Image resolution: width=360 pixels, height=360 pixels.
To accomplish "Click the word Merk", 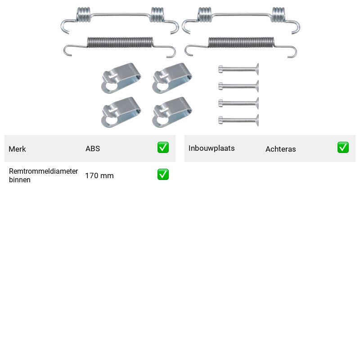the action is (x=17, y=149).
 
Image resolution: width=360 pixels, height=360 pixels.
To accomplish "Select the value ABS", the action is (x=93, y=148).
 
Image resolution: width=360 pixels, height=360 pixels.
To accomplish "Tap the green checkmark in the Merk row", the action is (x=163, y=148).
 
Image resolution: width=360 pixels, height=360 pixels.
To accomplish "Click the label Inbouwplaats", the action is (x=211, y=148).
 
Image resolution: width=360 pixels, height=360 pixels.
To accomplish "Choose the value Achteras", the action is (x=280, y=149).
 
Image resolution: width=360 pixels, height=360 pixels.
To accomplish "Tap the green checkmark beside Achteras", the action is (x=343, y=148).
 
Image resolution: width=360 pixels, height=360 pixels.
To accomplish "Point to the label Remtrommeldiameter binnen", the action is (x=43, y=175).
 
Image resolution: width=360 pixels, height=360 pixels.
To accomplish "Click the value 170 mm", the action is (x=99, y=175).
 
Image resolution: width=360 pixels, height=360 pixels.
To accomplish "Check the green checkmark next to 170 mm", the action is (x=163, y=175).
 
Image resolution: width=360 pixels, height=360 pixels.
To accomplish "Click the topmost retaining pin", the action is (x=238, y=69).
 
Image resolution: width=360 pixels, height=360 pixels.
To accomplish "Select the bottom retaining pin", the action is (x=238, y=120).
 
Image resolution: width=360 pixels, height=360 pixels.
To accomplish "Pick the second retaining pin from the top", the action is (x=238, y=86).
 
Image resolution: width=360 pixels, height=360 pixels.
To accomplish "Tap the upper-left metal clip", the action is (x=121, y=78).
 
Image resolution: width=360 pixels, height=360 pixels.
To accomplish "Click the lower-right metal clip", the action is (x=172, y=112).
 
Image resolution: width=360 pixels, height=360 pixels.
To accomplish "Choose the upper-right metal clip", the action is (x=172, y=78).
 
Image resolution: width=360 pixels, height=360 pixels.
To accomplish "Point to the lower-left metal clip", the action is (x=121, y=112).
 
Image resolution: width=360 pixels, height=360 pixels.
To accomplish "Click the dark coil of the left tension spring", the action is (x=120, y=42).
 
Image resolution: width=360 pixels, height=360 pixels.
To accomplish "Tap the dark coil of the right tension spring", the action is (x=241, y=42).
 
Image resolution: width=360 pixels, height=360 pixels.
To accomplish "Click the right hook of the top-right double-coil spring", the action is (x=293, y=27).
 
